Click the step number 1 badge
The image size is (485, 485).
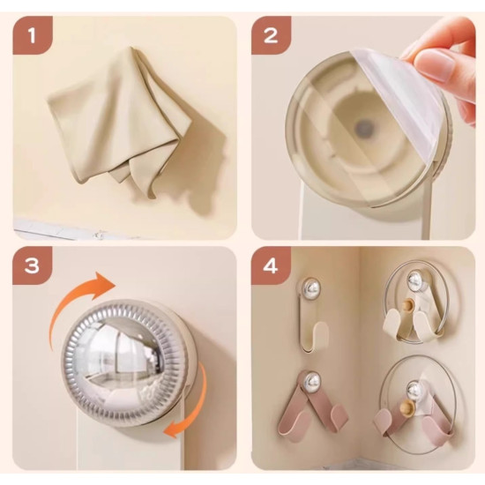[x=32, y=35]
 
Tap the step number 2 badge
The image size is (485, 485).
[x=271, y=35]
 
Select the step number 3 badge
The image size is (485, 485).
[x=32, y=265]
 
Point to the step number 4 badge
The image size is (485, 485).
[x=271, y=265]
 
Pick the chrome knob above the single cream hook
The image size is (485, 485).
[x=310, y=288]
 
